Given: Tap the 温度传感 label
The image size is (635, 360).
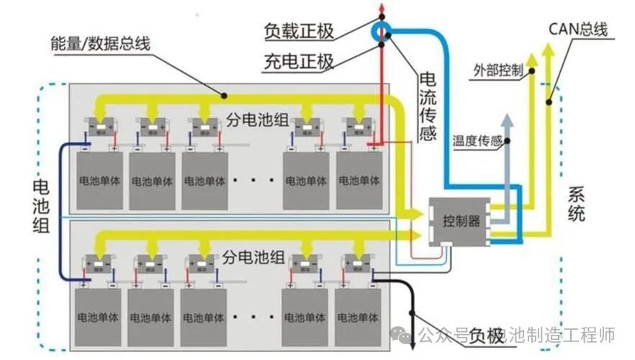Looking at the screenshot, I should coord(477,141).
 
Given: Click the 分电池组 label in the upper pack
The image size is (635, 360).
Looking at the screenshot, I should coord(258,119).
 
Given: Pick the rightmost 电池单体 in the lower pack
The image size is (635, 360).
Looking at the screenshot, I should coord(357,318).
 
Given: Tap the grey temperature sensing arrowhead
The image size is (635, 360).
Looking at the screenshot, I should coord(508,119).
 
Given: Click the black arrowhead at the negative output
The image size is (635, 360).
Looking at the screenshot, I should coord(414,314).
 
